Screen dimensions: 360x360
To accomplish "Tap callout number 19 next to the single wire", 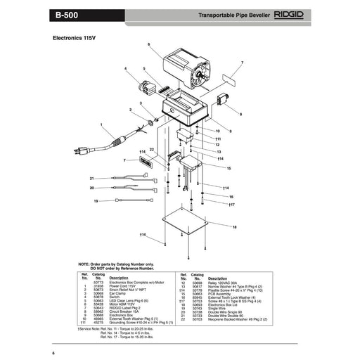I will (x=96, y=202).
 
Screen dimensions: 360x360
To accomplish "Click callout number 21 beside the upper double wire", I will (x=91, y=178).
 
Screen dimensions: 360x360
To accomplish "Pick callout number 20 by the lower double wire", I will (x=91, y=188).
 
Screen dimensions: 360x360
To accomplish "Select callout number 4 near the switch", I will (x=126, y=68).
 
